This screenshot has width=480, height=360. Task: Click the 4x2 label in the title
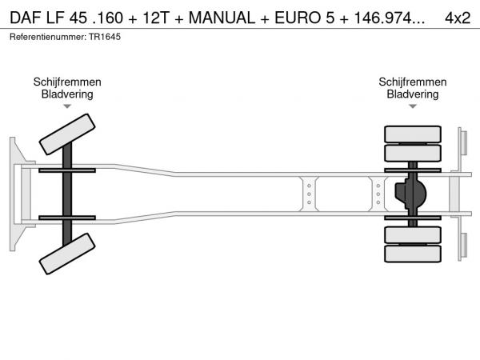click(458, 18)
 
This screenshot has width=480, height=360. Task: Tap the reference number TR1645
click(105, 37)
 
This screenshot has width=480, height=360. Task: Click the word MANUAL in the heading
click(222, 18)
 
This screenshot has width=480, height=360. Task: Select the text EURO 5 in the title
click(304, 18)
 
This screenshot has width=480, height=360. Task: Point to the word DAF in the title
click(26, 18)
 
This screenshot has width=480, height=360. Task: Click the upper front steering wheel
click(67, 134)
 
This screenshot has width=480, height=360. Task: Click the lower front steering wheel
click(67, 254)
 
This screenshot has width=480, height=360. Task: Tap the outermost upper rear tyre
click(413, 134)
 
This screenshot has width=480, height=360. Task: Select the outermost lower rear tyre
click(413, 254)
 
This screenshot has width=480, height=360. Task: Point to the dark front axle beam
click(67, 194)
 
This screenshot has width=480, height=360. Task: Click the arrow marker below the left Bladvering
click(67, 106)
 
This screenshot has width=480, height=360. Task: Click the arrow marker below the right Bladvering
click(413, 106)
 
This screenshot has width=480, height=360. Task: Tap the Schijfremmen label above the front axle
click(67, 82)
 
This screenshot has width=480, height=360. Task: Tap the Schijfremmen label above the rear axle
click(413, 82)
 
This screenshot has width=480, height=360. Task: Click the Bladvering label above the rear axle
click(413, 94)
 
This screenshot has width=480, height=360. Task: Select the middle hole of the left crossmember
click(309, 194)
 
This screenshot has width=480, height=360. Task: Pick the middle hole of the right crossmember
click(378, 194)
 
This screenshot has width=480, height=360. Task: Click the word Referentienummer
click(48, 37)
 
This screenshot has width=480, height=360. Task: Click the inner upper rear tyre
click(413, 153)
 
